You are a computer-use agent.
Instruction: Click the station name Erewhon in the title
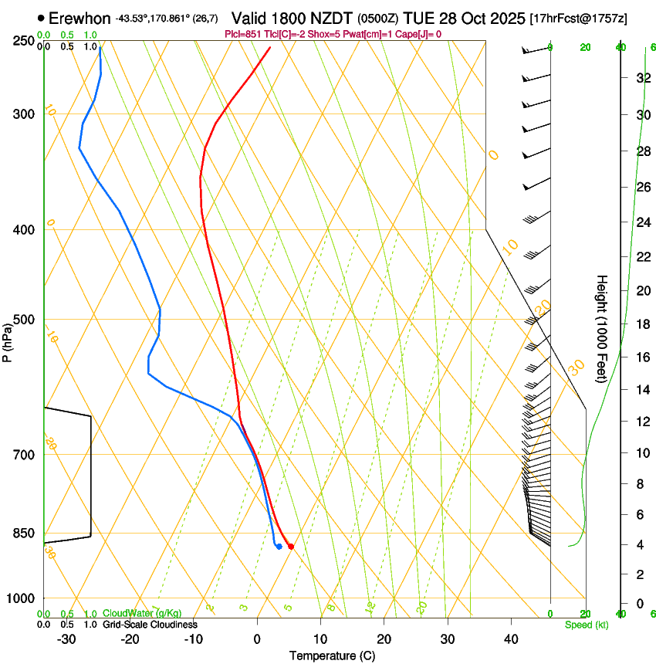pyautogui.click(x=80, y=18)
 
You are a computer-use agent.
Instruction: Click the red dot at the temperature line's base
pyautogui.click(x=291, y=547)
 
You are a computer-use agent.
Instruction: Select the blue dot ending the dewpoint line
pyautogui.click(x=279, y=547)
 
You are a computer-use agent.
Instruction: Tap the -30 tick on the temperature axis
pyautogui.click(x=66, y=639)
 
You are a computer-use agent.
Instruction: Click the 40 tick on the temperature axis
pyautogui.click(x=511, y=639)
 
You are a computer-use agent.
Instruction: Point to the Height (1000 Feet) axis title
pyautogui.click(x=603, y=329)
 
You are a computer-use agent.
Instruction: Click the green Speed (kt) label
pyautogui.click(x=586, y=625)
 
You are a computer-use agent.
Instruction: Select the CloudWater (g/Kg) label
pyautogui.click(x=142, y=614)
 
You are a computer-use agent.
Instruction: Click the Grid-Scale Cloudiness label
pyautogui.click(x=150, y=625)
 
